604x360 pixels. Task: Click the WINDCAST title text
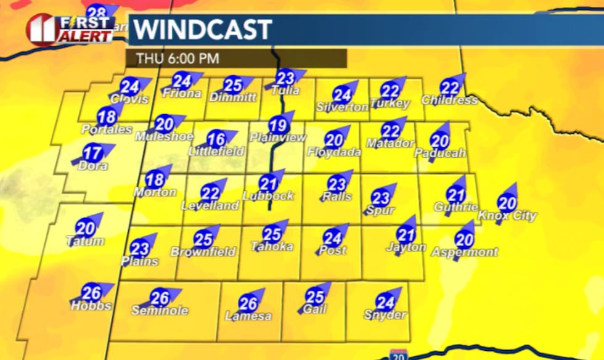pos(203,30)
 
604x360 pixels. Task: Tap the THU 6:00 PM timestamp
pos(178,59)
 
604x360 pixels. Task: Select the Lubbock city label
pos(268,196)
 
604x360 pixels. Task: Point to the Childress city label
pos(449,100)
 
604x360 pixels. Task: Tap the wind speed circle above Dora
pos(92,153)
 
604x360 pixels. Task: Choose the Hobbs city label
pos(91,306)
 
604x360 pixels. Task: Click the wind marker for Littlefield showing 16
pos(216,139)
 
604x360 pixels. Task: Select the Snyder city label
pos(385,315)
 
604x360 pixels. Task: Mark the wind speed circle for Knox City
pos(507,203)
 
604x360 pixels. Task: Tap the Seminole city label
pos(160,311)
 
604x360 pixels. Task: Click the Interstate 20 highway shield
pos(398,355)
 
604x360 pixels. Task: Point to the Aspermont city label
pos(464,252)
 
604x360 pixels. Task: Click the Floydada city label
pos(333,152)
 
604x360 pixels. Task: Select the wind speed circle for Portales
pos(107,116)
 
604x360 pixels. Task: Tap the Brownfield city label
pos(203,252)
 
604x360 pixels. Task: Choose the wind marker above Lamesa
pos(248,303)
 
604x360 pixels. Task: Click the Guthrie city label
pos(455,208)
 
